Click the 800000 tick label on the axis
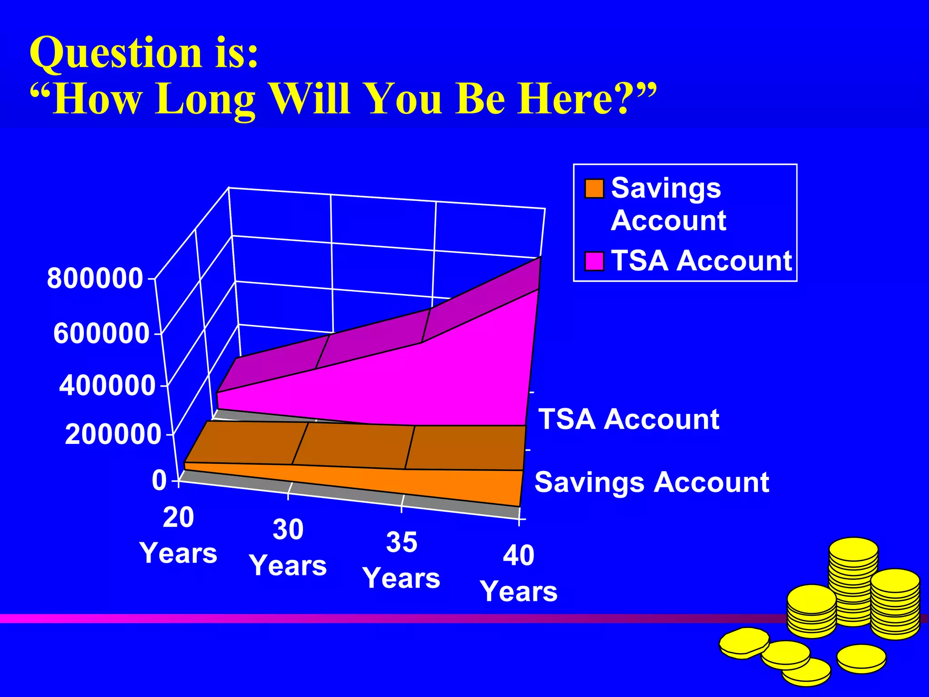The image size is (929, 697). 95,278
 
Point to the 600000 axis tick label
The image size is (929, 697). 101,334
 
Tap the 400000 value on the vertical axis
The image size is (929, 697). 108,386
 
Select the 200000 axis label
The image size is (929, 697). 113,434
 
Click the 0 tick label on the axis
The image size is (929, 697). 159,481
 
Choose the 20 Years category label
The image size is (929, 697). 178,535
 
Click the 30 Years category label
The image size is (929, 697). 288,548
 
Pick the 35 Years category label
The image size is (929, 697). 401,560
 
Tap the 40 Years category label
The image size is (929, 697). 518,574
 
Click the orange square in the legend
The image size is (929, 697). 594,189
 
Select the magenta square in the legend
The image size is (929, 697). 594,261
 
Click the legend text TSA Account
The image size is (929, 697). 701,261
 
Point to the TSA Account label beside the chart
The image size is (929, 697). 629,419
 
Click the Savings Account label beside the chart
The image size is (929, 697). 652,482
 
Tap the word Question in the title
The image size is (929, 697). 116,54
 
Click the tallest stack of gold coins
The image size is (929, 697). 853,581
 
